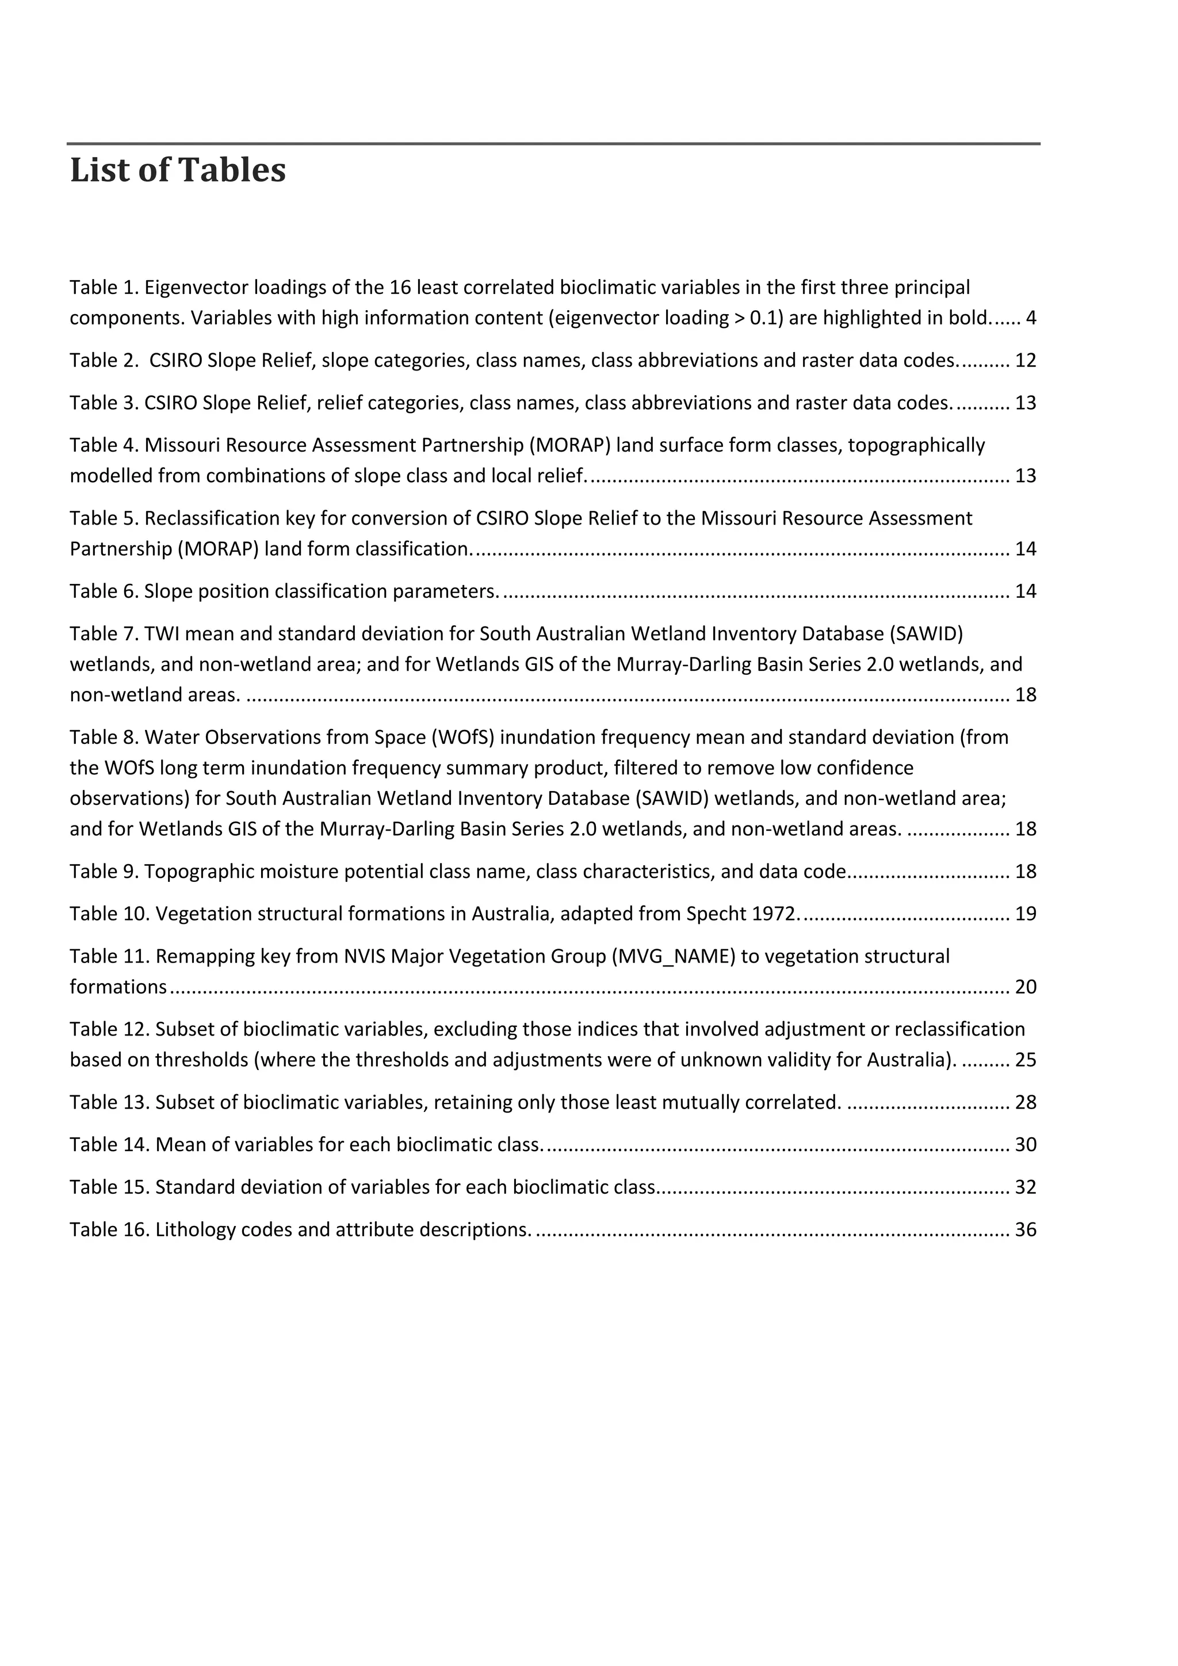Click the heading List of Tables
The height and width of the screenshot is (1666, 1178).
pyautogui.click(x=178, y=170)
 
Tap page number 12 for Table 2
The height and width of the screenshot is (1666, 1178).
pyautogui.click(x=1026, y=361)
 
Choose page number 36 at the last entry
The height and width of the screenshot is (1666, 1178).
pyautogui.click(x=1026, y=1229)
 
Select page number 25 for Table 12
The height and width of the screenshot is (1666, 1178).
pyautogui.click(x=1026, y=1060)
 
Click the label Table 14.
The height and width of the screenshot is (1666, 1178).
pyautogui.click(x=109, y=1144)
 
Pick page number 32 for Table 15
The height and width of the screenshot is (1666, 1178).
pyautogui.click(x=1026, y=1187)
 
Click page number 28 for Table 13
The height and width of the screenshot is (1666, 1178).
pyautogui.click(x=1026, y=1102)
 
